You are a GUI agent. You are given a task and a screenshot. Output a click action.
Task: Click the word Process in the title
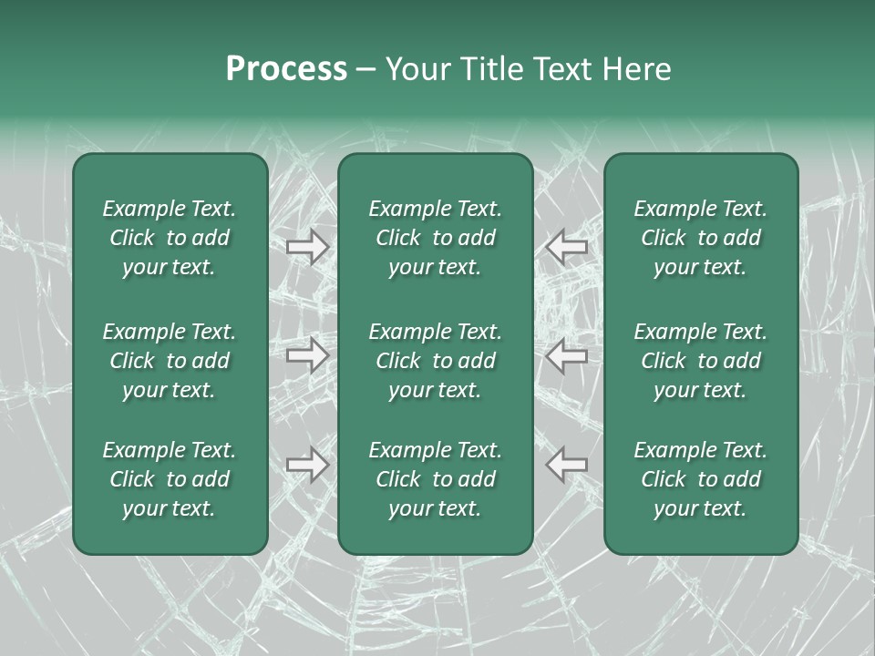tap(286, 68)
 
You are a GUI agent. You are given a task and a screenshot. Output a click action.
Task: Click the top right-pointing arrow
tap(307, 247)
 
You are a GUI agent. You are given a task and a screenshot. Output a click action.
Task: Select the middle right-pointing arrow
tap(307, 355)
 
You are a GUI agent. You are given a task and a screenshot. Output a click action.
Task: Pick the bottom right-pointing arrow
tap(307, 464)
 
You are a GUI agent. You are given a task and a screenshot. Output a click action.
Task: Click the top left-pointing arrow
tap(567, 247)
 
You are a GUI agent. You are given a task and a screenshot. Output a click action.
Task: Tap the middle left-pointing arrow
tap(567, 355)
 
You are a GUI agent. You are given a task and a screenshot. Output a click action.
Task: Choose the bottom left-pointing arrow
tap(567, 464)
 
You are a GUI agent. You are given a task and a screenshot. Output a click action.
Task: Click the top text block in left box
tap(170, 238)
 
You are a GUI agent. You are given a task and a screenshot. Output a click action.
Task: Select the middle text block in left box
tap(170, 361)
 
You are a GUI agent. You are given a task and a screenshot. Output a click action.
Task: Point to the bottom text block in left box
tap(170, 479)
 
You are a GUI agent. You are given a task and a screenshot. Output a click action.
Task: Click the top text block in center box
tap(435, 238)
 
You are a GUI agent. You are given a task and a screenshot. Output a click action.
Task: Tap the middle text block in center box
tap(435, 361)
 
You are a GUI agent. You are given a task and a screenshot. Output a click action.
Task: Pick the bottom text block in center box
tap(435, 479)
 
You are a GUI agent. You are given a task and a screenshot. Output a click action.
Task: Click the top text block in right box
tap(700, 238)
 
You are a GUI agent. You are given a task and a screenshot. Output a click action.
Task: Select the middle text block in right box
tap(700, 361)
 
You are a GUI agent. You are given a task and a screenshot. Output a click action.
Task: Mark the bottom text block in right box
tap(700, 479)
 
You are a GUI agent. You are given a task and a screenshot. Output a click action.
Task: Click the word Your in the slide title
tap(417, 68)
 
